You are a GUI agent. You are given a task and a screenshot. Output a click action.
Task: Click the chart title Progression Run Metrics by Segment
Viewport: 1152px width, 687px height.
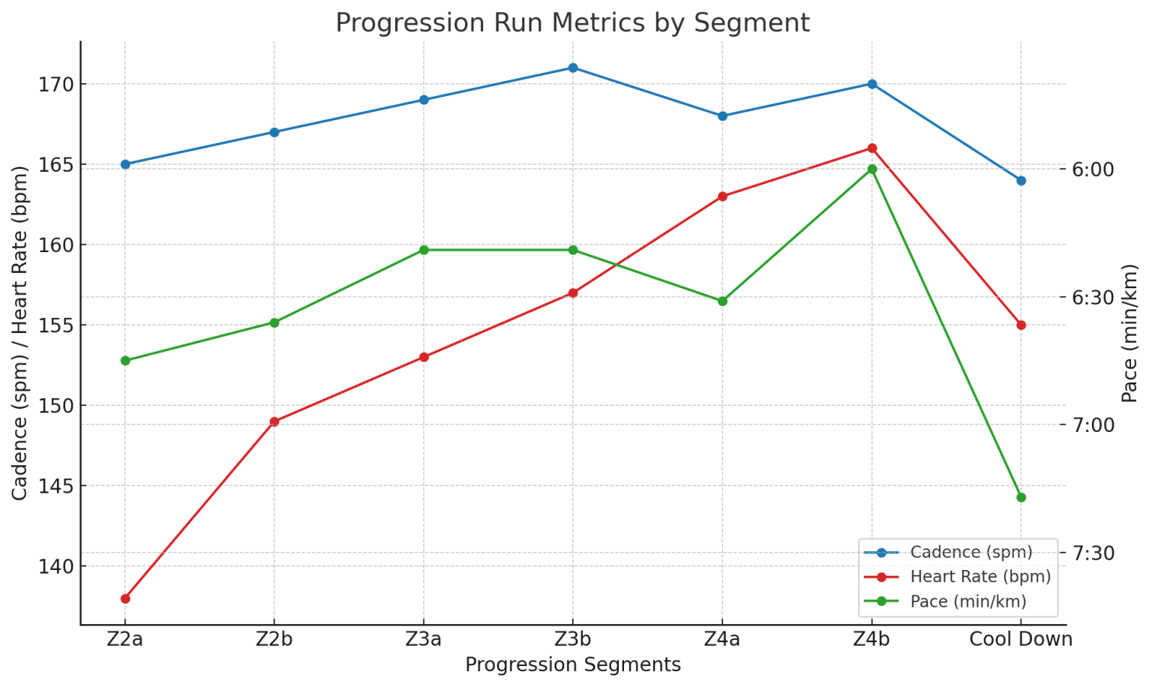tap(572, 23)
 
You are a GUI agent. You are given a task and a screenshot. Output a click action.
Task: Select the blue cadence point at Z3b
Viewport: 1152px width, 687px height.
tap(573, 68)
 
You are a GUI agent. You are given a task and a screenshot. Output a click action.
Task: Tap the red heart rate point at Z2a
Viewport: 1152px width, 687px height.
tap(125, 598)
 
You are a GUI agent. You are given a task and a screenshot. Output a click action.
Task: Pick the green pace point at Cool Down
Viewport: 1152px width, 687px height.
tap(1021, 497)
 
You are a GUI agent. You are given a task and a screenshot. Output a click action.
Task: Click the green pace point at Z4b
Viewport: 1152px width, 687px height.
tap(871, 169)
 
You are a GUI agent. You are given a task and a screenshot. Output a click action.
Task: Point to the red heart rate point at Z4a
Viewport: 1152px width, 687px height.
tap(722, 196)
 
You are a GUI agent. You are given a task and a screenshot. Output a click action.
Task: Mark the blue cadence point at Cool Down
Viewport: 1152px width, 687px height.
tap(1021, 181)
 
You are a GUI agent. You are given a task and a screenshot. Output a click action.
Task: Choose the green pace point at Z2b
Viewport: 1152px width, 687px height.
tap(274, 322)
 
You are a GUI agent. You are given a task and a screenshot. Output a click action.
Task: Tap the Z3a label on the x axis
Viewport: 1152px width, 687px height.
tap(424, 640)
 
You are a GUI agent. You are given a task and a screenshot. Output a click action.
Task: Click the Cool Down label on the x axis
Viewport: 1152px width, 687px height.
tap(1021, 640)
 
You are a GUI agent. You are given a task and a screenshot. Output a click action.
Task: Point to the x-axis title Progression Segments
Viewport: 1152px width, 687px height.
tap(573, 665)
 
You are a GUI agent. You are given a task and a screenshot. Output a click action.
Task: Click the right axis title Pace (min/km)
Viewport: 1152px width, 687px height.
tap(1130, 333)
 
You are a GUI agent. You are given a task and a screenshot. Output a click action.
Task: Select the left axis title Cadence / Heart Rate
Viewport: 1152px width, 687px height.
tap(20, 333)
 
